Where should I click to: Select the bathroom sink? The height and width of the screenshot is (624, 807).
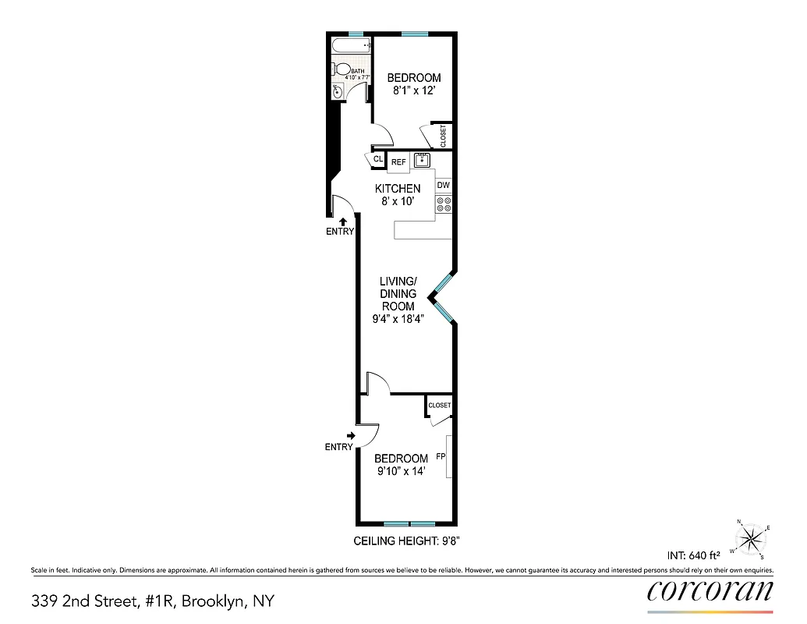[338, 91]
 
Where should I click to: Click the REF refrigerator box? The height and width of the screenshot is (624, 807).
[398, 162]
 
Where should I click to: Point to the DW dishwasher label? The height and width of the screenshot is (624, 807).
[444, 186]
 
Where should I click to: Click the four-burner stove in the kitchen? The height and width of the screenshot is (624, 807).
[444, 204]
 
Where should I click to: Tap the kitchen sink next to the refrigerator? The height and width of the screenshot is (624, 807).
[422, 161]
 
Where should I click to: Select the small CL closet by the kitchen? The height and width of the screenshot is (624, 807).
[378, 159]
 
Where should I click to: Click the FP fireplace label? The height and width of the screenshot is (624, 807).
[441, 457]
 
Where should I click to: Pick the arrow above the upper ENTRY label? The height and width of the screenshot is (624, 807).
[341, 222]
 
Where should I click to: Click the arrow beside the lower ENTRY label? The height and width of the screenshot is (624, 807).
[351, 436]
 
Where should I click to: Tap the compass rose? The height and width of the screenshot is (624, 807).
[751, 537]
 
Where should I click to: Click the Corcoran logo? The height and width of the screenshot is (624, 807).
[710, 591]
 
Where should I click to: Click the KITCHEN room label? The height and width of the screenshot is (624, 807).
[398, 189]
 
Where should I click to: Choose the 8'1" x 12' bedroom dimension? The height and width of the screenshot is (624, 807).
[414, 90]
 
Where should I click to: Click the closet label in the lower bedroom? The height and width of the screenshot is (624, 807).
[439, 406]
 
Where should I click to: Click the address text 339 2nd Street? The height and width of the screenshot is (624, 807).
[152, 601]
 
